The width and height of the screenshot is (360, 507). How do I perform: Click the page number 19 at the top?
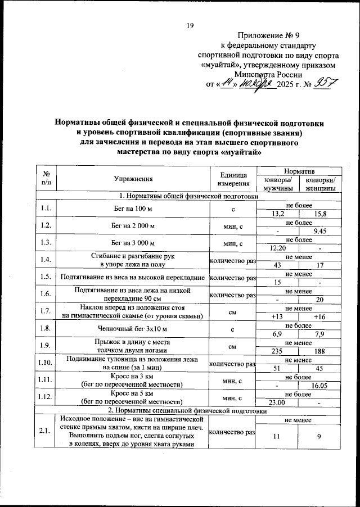[x=190, y=24]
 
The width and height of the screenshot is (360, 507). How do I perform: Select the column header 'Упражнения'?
[x=133, y=179]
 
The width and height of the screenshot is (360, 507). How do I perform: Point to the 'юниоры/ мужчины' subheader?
[x=277, y=184]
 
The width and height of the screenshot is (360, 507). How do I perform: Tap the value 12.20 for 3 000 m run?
[x=277, y=248]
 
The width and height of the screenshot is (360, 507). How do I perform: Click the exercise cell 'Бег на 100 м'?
[x=133, y=209]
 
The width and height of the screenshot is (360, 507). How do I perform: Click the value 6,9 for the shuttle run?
[x=277, y=334]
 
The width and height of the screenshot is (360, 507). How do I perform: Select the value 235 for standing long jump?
[x=277, y=351]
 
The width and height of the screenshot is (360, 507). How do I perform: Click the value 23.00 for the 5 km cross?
[x=277, y=402]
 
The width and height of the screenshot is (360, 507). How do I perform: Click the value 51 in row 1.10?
[x=277, y=368]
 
